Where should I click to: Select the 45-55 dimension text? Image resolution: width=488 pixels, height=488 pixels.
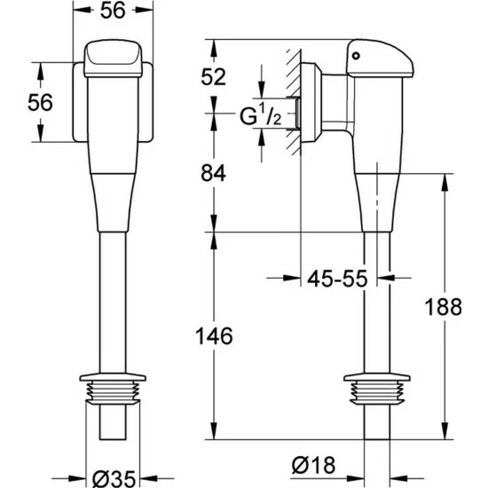(x=337, y=279)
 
